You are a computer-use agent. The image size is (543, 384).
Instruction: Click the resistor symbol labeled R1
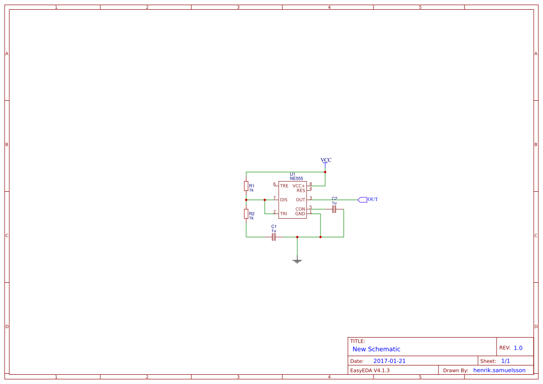point(246,186)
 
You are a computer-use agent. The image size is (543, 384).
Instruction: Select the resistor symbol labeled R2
point(246,214)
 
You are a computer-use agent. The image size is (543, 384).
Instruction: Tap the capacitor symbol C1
point(274,237)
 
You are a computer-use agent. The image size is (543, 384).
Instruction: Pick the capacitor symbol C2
point(334,209)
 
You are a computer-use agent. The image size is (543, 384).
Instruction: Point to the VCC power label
point(326,160)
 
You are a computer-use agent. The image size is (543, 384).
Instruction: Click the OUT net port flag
point(362,200)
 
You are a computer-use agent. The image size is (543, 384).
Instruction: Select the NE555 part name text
point(296,178)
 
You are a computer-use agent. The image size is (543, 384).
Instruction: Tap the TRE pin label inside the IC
point(284,186)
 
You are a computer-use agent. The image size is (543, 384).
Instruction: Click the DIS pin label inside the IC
point(284,200)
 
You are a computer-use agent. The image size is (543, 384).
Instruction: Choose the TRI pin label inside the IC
point(283,214)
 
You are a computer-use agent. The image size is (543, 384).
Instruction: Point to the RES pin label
point(301,190)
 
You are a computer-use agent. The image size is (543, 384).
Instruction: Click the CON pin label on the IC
point(300,209)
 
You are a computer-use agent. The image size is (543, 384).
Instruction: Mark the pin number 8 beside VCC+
point(311,184)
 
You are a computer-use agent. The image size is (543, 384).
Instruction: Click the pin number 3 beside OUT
point(311,198)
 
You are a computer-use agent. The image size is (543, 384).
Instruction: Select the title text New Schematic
point(376,349)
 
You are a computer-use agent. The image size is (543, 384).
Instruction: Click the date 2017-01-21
point(389,361)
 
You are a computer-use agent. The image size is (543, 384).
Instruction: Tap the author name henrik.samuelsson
point(499,370)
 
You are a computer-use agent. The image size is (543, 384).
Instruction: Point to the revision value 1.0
point(518,348)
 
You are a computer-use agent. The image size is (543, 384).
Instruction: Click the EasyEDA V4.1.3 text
point(370,370)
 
